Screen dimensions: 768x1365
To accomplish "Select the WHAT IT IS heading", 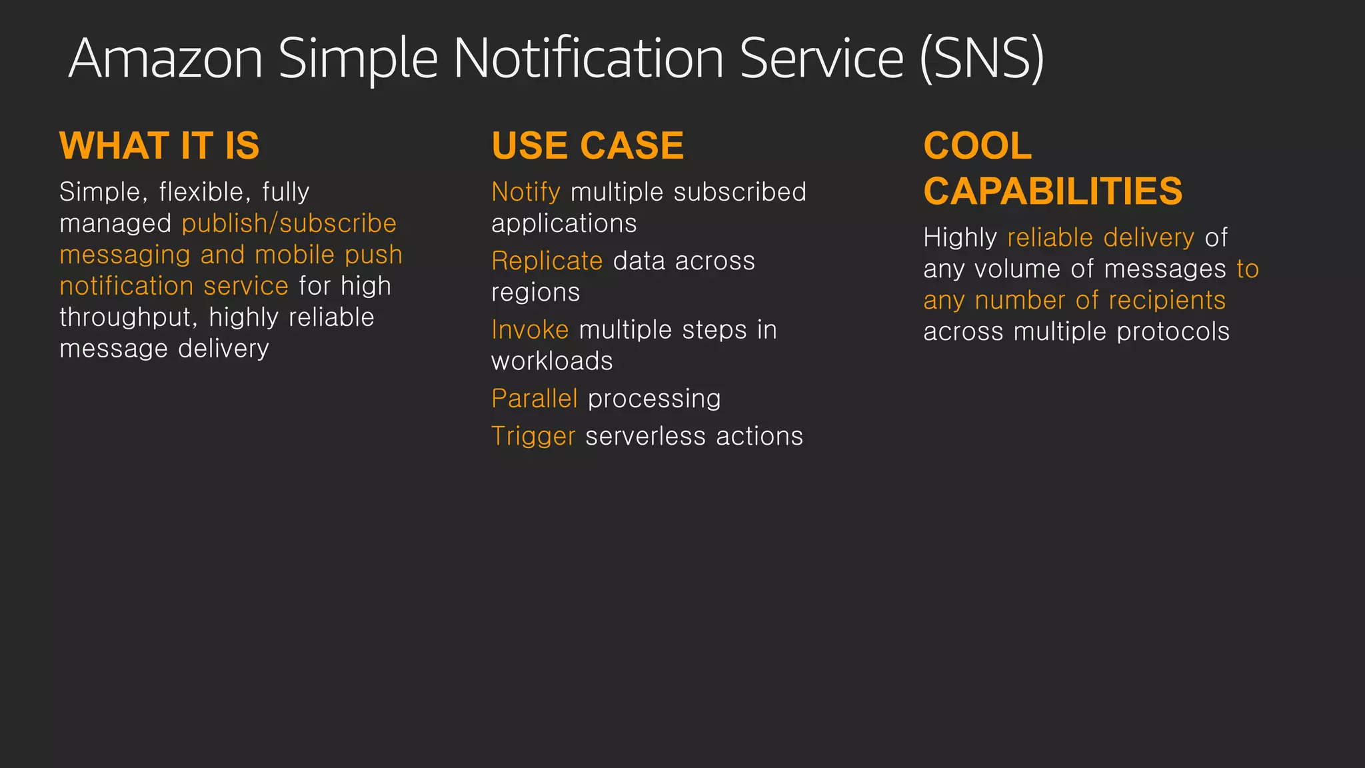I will click(159, 146).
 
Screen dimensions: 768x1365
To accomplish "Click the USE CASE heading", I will click(587, 146).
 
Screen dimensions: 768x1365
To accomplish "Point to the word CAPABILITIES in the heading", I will click(1052, 191).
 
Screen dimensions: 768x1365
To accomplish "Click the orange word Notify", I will click(525, 192).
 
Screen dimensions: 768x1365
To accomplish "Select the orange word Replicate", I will click(547, 261).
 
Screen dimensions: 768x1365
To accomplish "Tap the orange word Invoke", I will click(530, 330).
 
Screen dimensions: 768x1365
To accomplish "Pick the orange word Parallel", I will click(534, 399).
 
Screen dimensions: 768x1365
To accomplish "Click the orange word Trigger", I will click(533, 437).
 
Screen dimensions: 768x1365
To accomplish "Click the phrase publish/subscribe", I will click(289, 223).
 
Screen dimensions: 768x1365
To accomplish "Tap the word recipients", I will click(1167, 301).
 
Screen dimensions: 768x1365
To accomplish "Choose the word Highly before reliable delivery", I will click(960, 238).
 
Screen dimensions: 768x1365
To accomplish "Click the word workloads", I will click(552, 361).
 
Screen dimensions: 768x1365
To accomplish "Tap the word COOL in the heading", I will click(977, 146).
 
